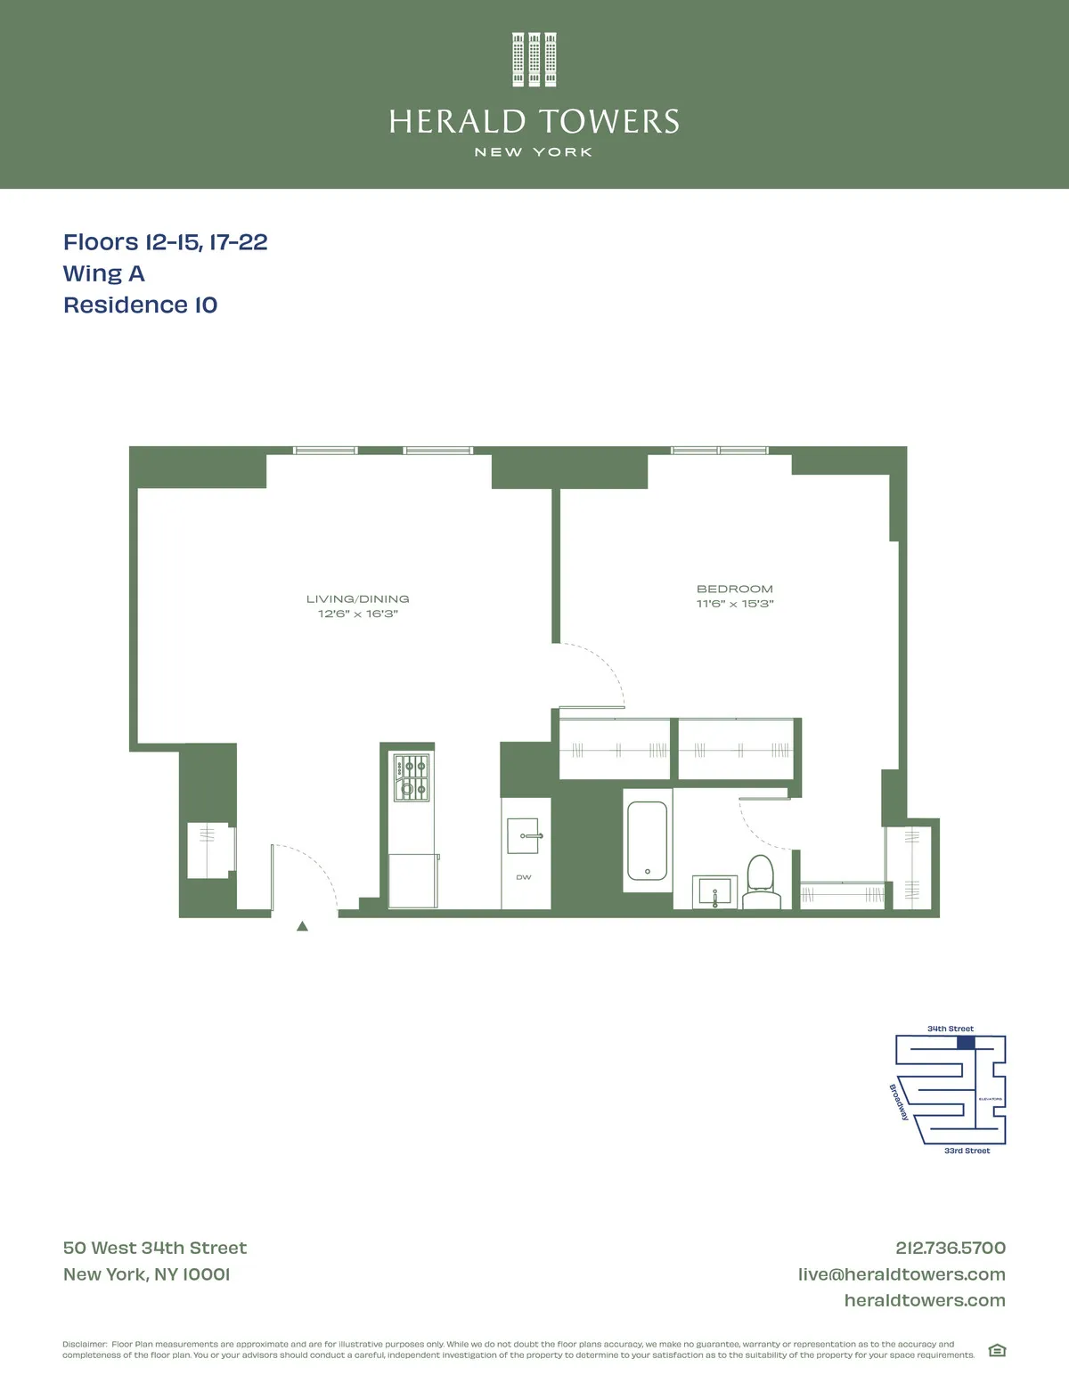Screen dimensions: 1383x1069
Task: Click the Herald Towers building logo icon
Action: click(534, 60)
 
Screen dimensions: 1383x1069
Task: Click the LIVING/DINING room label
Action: click(358, 599)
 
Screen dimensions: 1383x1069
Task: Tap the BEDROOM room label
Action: click(735, 589)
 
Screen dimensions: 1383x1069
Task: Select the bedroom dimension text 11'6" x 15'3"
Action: click(735, 604)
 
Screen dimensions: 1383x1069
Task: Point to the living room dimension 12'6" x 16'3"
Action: click(358, 614)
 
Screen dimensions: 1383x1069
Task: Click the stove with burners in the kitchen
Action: click(412, 777)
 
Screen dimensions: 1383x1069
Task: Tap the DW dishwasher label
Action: click(524, 877)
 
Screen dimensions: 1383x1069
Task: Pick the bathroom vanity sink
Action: click(714, 891)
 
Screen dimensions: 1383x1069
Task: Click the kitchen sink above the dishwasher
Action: click(526, 836)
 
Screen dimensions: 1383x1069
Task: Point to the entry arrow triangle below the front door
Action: click(302, 926)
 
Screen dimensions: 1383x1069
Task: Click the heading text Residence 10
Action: click(141, 305)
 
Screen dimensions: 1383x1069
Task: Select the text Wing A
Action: click(103, 274)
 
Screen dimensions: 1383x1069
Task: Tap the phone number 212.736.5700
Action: click(951, 1249)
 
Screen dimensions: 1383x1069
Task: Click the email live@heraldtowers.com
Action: click(902, 1274)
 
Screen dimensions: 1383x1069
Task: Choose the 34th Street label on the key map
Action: click(951, 1029)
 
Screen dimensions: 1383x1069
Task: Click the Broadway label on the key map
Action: click(899, 1102)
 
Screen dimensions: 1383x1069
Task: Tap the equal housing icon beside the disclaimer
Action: click(998, 1350)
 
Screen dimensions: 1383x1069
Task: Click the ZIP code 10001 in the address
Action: click(206, 1274)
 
